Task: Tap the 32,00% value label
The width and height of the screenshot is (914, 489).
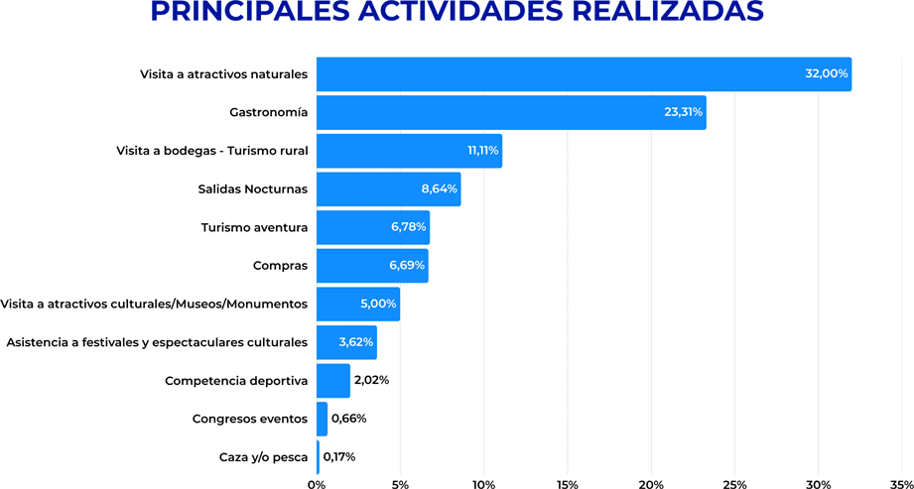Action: coord(826,74)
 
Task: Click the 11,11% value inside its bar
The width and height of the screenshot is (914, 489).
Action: coord(483,151)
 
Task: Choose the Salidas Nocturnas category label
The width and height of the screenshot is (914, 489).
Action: coord(253,188)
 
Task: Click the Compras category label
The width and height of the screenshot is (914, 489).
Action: coord(280,266)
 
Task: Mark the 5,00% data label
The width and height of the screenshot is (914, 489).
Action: coord(378,304)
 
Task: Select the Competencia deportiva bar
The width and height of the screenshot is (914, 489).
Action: coord(333,380)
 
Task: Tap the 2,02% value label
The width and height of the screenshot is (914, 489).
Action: coord(371,380)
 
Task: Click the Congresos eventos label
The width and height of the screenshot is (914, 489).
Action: coord(250,419)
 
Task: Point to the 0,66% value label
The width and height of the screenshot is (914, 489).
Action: coord(348,419)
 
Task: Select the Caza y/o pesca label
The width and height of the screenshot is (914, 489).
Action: coord(263,457)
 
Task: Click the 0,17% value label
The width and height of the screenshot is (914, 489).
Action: coord(339,457)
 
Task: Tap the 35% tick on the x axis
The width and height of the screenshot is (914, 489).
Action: coord(901,484)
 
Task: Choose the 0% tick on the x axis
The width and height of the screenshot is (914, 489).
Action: coord(317,484)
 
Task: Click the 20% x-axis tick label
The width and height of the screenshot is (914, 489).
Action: coord(651,484)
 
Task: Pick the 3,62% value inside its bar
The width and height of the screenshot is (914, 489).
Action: coord(355,342)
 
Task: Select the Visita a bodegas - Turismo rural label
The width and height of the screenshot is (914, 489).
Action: coord(211,151)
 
